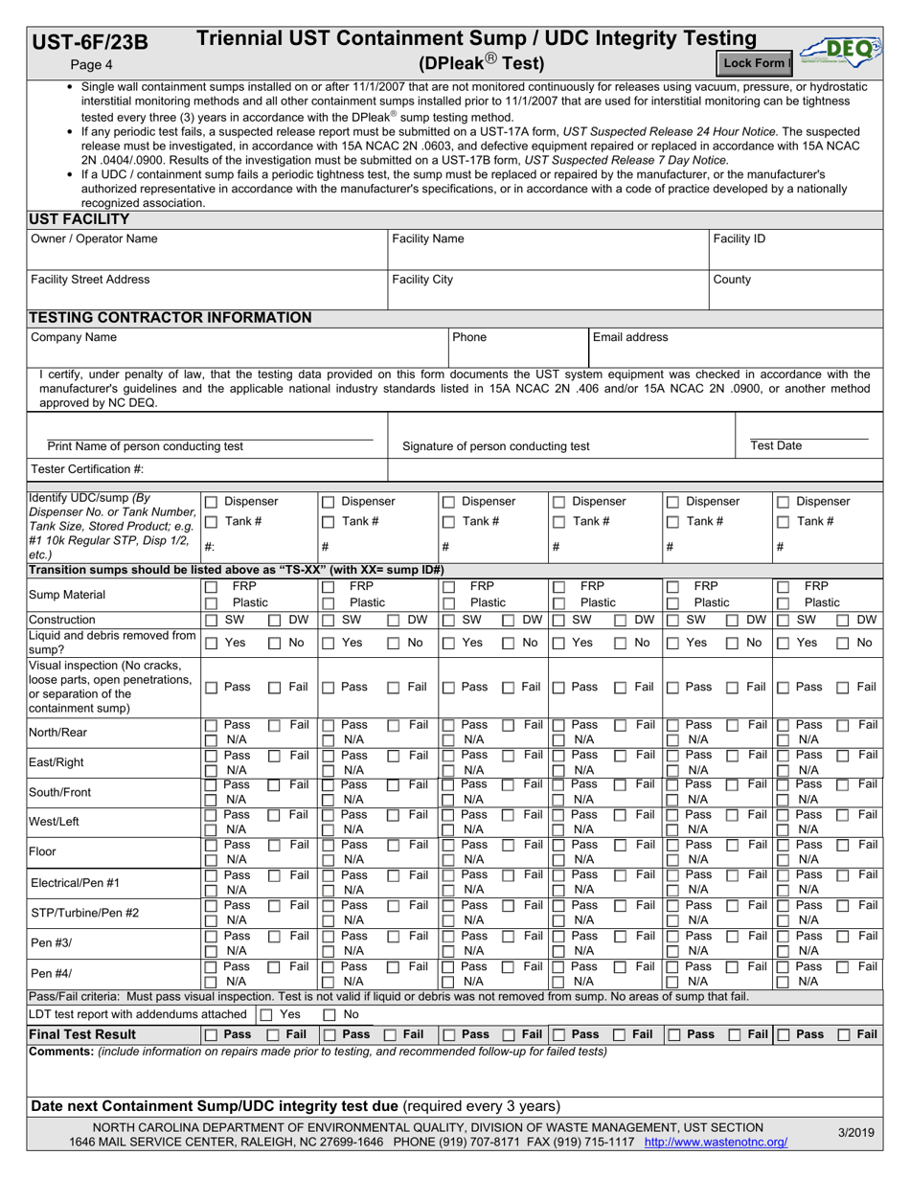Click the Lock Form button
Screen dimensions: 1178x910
click(754, 63)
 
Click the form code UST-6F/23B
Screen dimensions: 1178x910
click(91, 41)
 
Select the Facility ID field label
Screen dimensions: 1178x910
click(739, 238)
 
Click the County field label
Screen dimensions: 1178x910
click(733, 280)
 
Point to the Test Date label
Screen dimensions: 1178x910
click(777, 445)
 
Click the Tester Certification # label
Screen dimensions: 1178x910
click(80, 468)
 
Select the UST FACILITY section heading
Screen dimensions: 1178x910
click(80, 219)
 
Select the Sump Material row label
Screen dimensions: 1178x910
click(70, 594)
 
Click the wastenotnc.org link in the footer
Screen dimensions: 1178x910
click(716, 1143)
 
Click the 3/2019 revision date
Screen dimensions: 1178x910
click(855, 1133)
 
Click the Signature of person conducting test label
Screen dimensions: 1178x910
click(496, 446)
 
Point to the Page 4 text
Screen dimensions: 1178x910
click(92, 64)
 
